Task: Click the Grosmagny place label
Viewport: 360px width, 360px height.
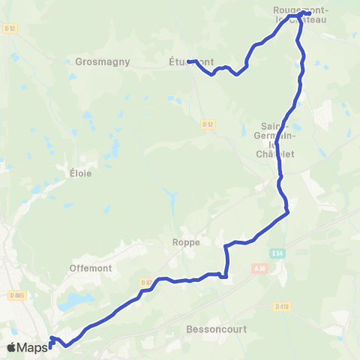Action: (103, 62)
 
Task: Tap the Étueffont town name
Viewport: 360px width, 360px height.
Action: (191, 62)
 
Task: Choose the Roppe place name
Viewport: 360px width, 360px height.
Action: (185, 242)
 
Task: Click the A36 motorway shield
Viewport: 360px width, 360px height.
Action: (260, 268)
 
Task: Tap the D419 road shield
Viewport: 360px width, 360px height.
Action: (282, 306)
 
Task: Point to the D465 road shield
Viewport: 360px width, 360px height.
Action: (16, 295)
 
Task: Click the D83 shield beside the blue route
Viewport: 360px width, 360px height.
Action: (146, 282)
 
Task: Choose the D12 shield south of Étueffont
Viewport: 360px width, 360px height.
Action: (209, 123)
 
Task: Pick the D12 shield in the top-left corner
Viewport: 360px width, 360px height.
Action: (10, 28)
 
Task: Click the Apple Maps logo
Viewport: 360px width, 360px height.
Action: (25, 347)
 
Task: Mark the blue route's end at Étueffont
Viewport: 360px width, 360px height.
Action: (188, 61)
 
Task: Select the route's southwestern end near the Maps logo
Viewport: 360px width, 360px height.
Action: (50, 346)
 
